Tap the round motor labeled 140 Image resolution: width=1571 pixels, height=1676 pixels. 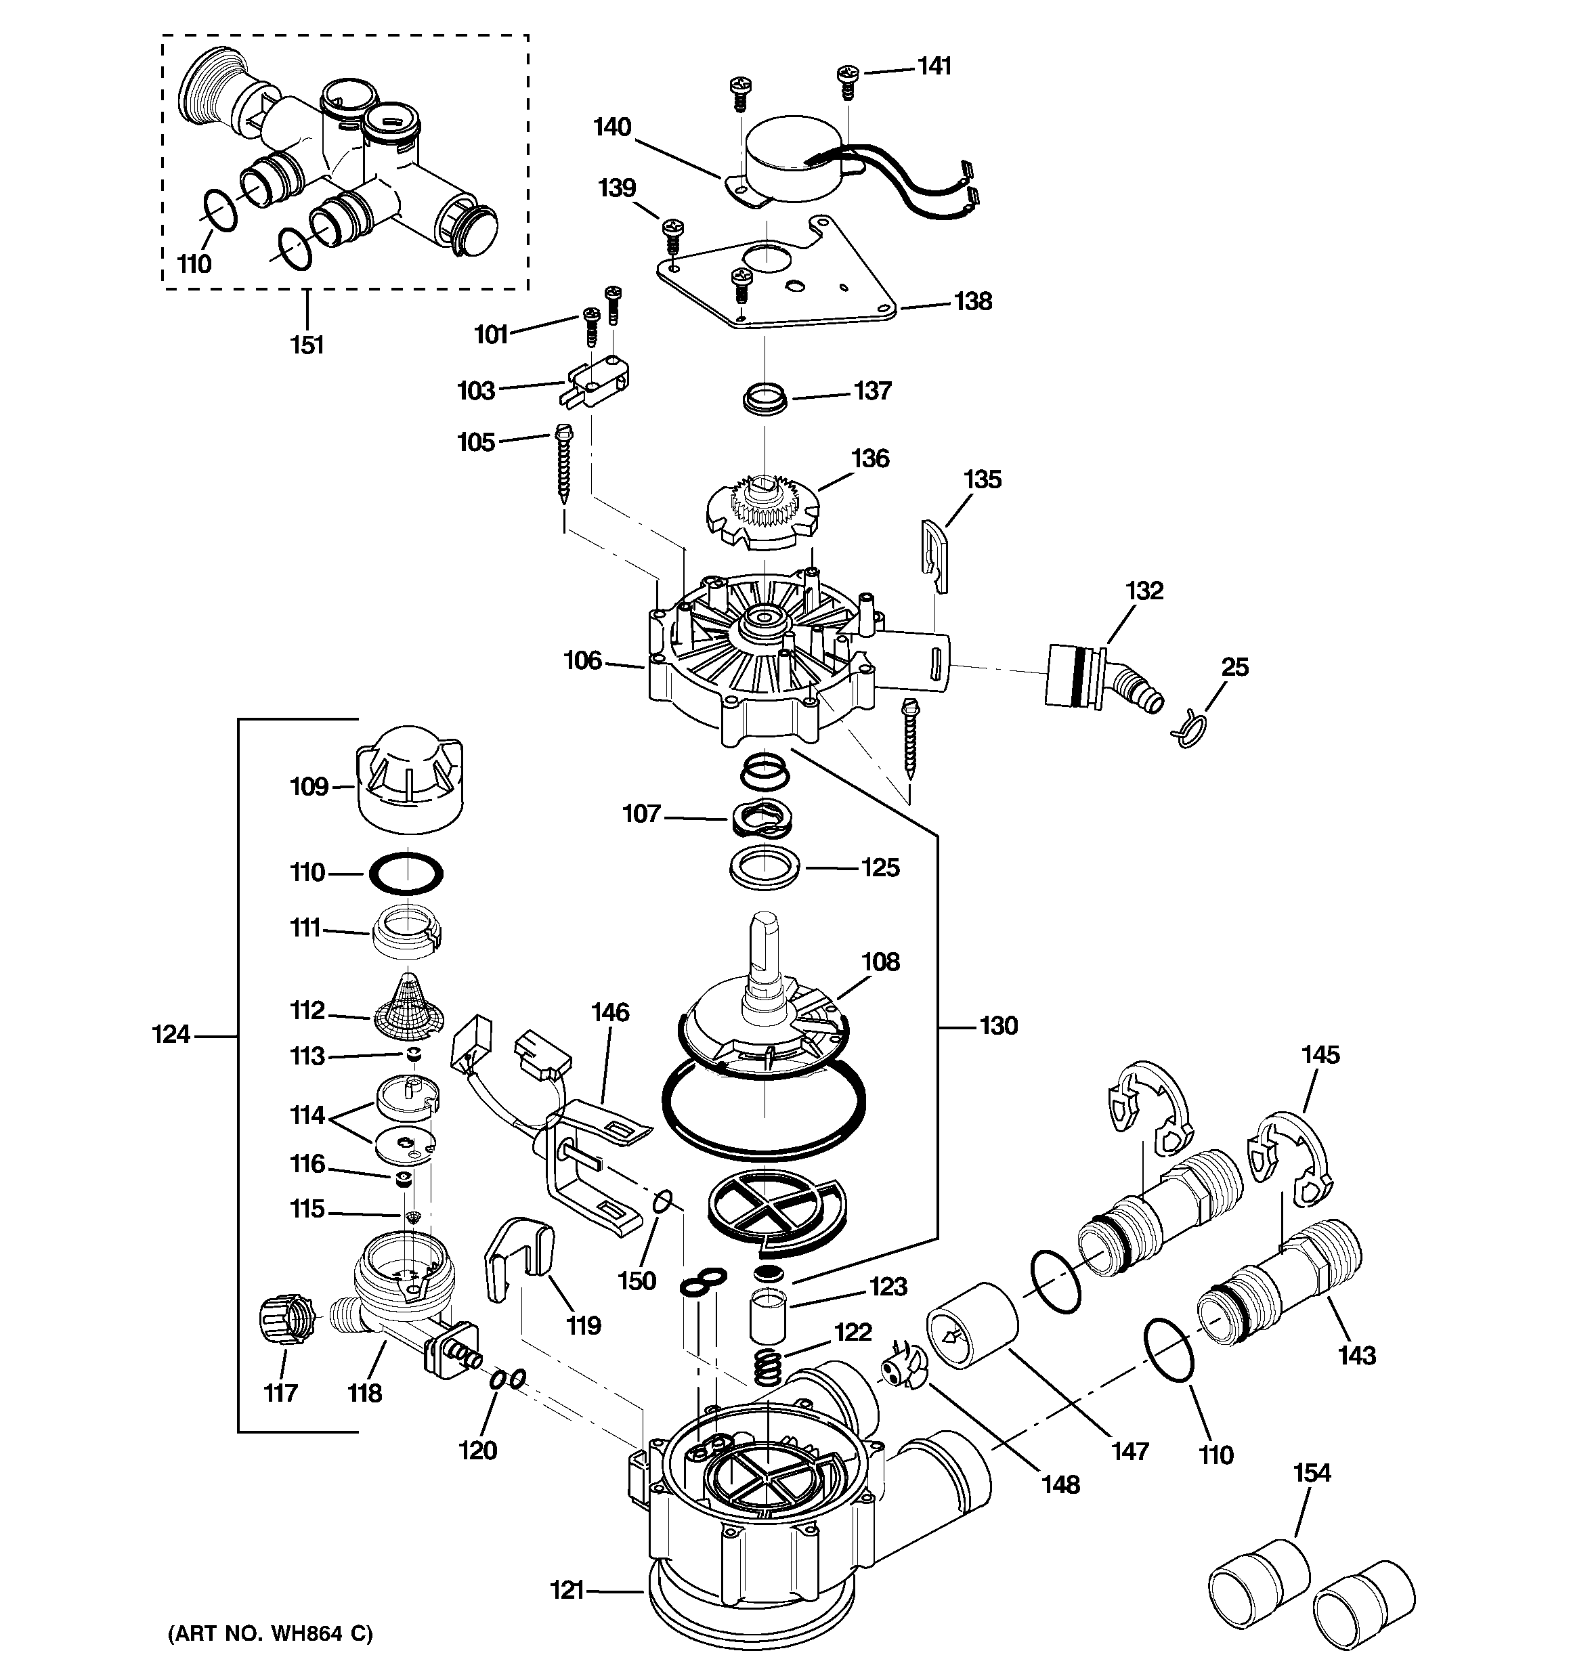pyautogui.click(x=797, y=160)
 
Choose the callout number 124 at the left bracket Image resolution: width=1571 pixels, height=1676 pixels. pyautogui.click(x=171, y=1035)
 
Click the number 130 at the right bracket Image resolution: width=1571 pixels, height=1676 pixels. pyautogui.click(x=998, y=1026)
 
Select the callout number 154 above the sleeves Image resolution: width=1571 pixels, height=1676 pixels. pyautogui.click(x=1312, y=1473)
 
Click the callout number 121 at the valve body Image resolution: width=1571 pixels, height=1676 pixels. pyautogui.click(x=567, y=1590)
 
